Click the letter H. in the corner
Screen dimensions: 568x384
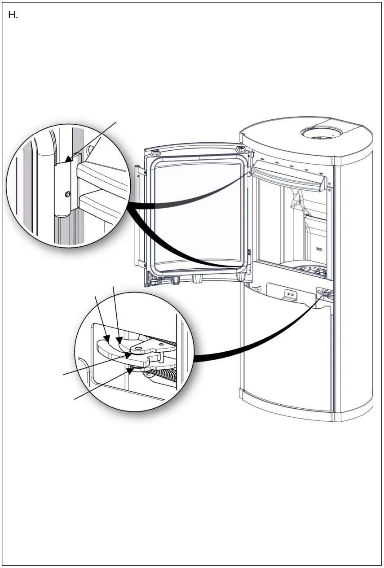[13, 15]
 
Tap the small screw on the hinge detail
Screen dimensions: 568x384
[67, 194]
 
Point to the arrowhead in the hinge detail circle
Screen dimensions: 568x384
[68, 157]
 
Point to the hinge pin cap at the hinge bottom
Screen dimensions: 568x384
[62, 215]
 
